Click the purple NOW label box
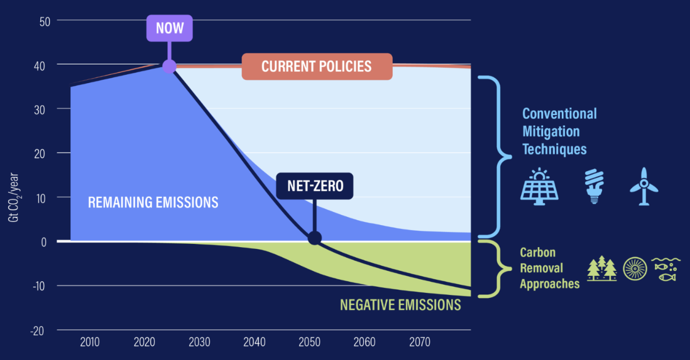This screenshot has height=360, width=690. (169, 28)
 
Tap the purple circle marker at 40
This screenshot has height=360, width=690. (169, 66)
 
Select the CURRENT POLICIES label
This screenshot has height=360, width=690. (317, 67)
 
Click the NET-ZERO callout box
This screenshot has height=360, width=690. (315, 186)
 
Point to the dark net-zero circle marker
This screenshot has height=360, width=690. (315, 238)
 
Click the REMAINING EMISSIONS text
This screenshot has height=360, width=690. (153, 203)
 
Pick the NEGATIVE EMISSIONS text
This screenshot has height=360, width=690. (401, 305)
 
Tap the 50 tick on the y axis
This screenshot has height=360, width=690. (45, 22)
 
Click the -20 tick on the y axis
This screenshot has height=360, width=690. (37, 331)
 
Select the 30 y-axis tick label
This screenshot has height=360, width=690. (40, 110)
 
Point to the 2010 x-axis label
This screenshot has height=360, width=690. (90, 342)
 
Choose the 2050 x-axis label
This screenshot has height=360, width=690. (309, 342)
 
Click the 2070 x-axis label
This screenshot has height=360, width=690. (419, 342)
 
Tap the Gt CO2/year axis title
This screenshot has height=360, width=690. (14, 197)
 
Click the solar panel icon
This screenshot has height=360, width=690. (539, 186)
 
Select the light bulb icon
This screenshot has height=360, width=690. (594, 186)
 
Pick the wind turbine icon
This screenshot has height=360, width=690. (644, 186)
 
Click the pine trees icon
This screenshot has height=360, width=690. (602, 268)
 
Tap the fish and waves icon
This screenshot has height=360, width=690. (666, 269)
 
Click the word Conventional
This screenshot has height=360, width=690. (560, 114)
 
